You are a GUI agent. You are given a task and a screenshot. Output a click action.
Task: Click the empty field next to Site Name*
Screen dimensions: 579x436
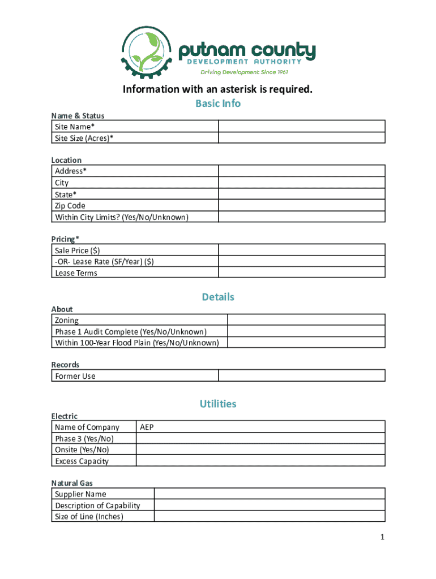[x=302, y=126]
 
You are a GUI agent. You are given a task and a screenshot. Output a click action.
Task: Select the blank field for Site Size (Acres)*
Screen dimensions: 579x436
[x=302, y=137]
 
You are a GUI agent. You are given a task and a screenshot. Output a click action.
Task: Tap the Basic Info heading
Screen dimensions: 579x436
[x=218, y=103]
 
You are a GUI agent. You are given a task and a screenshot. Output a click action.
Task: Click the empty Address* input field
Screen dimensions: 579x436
[x=302, y=171]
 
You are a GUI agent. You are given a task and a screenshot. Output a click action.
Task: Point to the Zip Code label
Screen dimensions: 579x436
[x=70, y=206]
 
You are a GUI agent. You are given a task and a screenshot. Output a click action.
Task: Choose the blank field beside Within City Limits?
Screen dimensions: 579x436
[x=302, y=217]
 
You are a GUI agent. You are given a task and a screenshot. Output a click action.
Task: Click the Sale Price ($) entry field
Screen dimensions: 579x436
[x=302, y=250]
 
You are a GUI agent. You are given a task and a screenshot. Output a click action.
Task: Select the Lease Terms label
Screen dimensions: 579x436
[x=76, y=273]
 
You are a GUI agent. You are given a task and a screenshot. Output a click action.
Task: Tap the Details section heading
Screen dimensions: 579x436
[x=218, y=297]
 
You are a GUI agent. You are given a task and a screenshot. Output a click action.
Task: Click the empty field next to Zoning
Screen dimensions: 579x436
[x=306, y=320]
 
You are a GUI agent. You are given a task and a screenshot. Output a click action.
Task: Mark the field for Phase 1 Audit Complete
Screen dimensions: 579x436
[x=306, y=331]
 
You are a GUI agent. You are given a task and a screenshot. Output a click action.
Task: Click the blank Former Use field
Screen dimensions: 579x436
[x=302, y=375]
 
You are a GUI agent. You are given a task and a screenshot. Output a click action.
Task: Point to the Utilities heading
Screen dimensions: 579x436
[x=218, y=404]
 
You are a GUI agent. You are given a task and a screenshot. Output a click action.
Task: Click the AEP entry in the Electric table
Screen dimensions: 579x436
[x=147, y=427]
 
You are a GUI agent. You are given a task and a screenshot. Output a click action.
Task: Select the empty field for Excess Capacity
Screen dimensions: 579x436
[x=260, y=461]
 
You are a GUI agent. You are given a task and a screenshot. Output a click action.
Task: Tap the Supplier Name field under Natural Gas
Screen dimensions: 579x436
[x=270, y=494]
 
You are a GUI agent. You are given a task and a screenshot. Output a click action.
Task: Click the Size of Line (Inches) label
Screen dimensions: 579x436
[x=89, y=517]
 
